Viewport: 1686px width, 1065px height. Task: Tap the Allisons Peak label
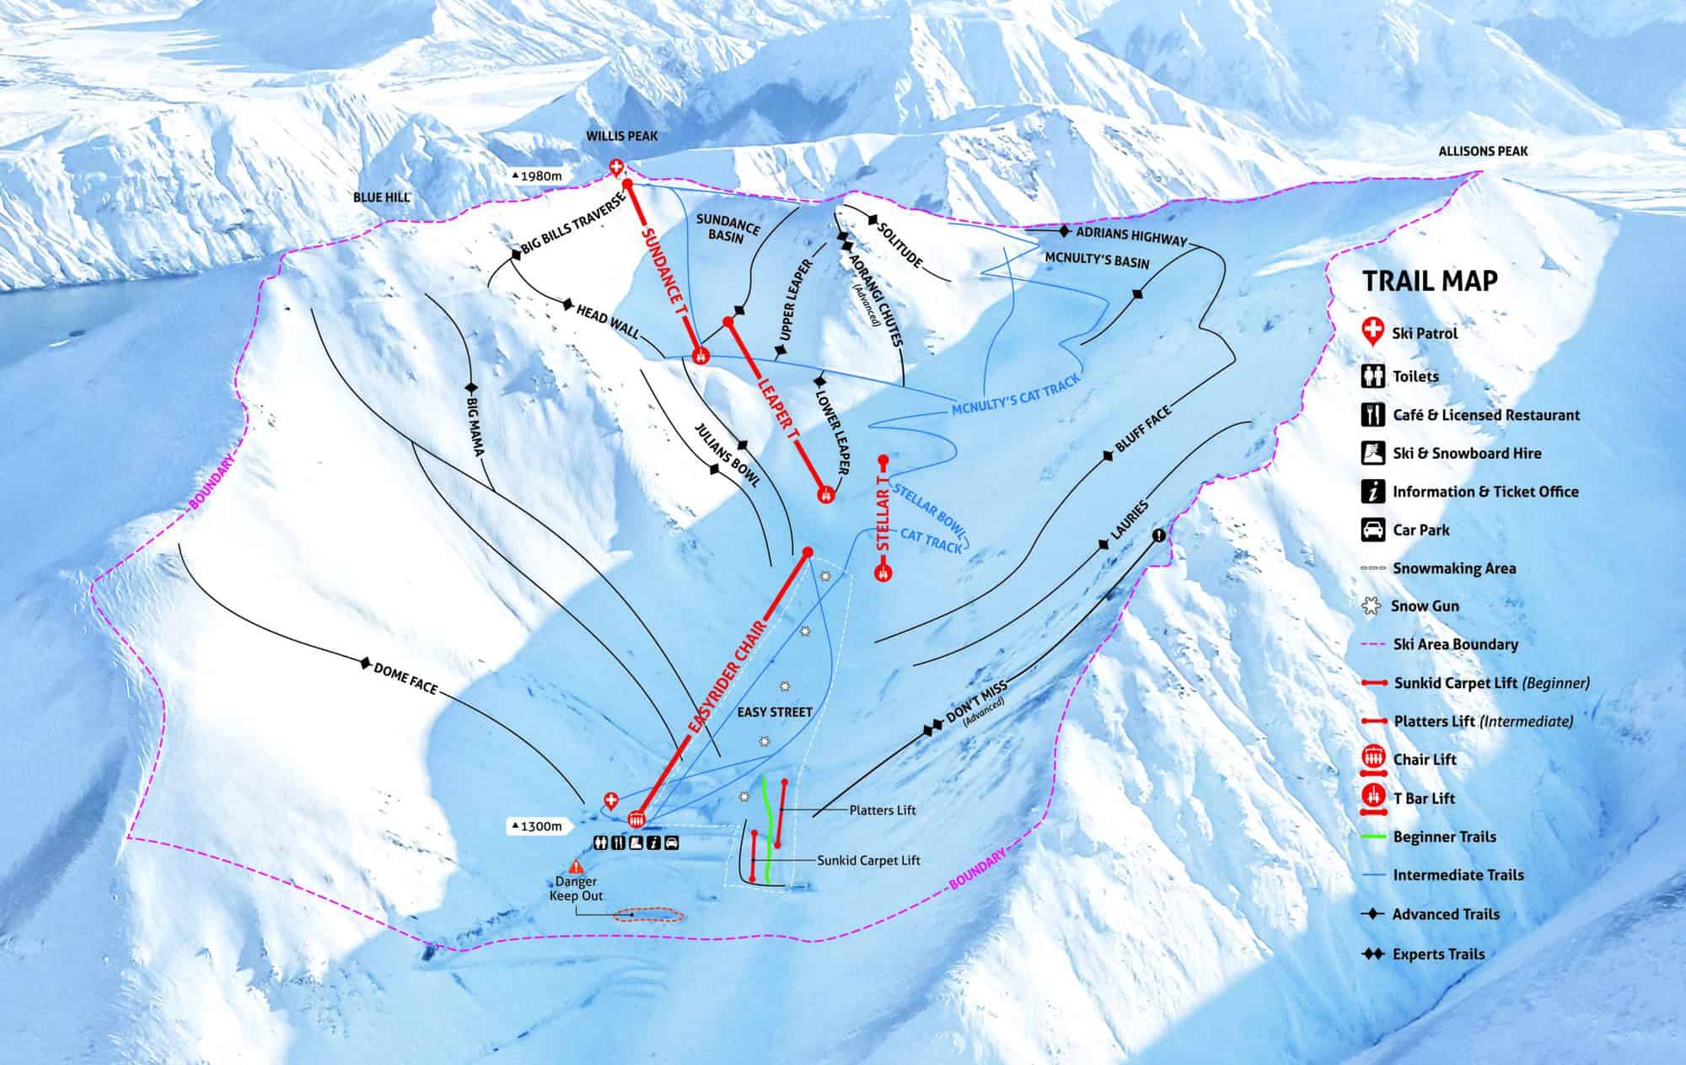coord(1483,151)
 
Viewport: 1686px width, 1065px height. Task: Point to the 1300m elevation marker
coord(536,826)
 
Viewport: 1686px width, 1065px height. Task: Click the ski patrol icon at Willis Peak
coord(617,168)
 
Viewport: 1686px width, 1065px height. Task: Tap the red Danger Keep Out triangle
coord(577,866)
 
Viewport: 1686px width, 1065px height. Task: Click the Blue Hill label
coord(381,197)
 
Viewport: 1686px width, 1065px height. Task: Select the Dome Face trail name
coord(405,678)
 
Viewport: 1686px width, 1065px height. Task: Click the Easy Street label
coord(775,712)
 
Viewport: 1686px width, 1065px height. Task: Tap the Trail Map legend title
coord(1430,281)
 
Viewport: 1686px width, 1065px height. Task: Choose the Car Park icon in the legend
coord(1374,530)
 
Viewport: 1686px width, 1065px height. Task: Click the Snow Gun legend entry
coord(1424,605)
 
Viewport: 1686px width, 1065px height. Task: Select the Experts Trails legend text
coord(1438,954)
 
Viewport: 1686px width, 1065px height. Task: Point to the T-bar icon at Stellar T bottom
coord(883,572)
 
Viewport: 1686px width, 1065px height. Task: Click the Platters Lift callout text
coord(882,810)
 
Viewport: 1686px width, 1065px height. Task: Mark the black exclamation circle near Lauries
coord(1160,535)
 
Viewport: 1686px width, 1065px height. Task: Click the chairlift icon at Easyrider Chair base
coord(636,818)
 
